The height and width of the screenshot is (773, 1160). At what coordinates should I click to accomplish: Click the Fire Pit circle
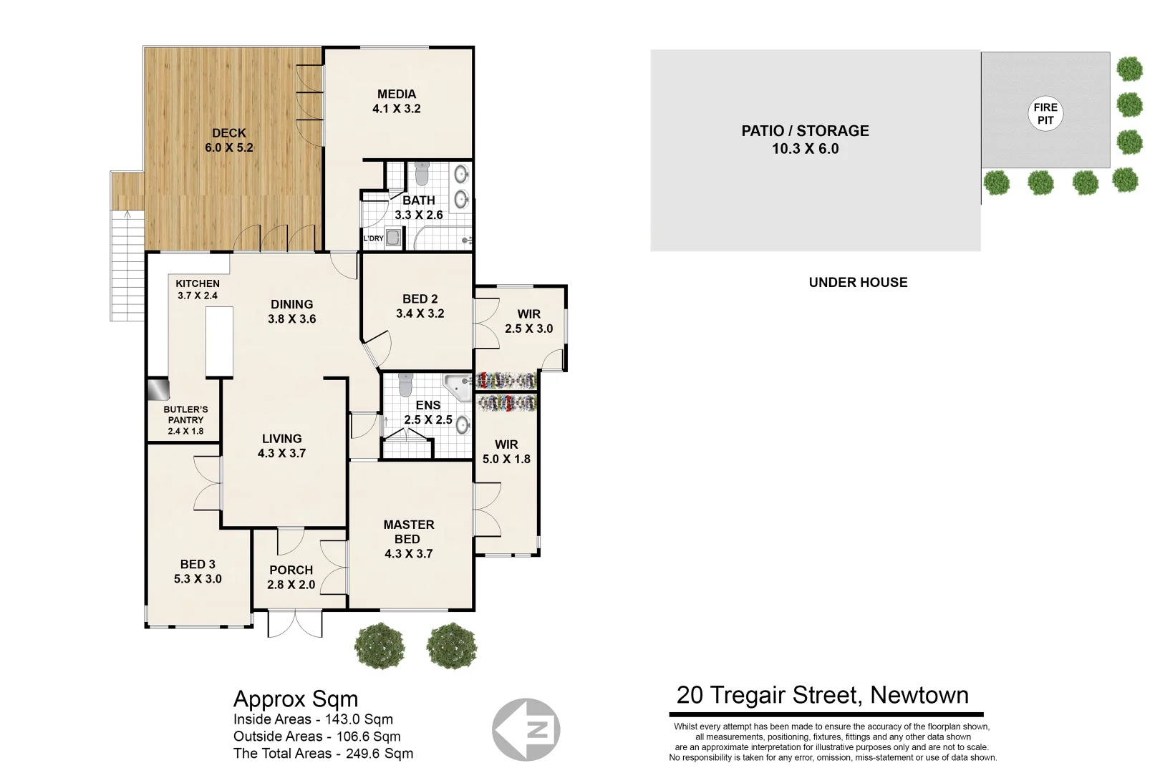[1045, 114]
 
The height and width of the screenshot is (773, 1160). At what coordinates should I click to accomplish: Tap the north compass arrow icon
[526, 729]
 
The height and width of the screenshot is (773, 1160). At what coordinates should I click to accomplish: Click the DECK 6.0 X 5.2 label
[229, 140]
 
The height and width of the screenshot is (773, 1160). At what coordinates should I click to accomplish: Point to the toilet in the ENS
[406, 384]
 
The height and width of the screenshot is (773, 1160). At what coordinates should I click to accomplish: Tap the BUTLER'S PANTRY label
[185, 420]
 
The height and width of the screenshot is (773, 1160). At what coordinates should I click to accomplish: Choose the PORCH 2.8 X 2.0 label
[291, 577]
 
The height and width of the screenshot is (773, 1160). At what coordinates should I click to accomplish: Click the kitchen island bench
[219, 341]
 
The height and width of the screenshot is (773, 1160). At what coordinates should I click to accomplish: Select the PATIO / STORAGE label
[805, 140]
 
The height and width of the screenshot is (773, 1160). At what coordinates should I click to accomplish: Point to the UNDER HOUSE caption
[858, 282]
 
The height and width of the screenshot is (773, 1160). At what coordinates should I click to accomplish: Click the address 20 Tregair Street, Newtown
[823, 695]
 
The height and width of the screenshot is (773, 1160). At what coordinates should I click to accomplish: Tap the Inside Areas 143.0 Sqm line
[313, 719]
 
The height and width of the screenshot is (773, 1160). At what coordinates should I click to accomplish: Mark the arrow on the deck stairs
[127, 214]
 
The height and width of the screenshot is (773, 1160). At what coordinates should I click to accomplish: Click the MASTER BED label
[408, 531]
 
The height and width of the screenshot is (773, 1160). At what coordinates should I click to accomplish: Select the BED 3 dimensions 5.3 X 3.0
[198, 579]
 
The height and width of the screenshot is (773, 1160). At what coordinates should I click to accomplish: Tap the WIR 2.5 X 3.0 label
[528, 321]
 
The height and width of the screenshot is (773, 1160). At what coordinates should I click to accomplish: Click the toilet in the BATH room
[421, 174]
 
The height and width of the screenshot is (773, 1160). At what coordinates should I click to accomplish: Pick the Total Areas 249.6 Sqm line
[323, 753]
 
